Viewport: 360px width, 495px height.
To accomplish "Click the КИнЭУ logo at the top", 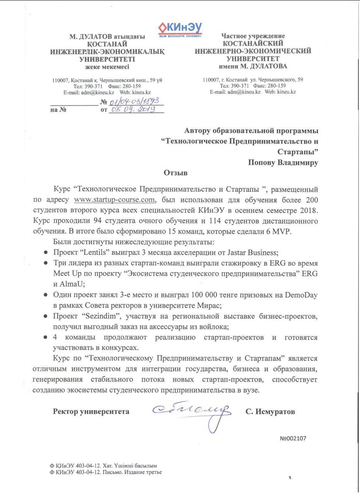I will coord(180,29).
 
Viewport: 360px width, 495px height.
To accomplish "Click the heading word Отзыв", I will coord(176,172).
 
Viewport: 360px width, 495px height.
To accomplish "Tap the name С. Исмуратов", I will coord(270,412).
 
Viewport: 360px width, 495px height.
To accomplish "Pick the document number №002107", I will coord(293,439).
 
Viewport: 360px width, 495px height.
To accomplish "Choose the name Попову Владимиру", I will coord(283,162).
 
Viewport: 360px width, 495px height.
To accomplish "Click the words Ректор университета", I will coord(91,412).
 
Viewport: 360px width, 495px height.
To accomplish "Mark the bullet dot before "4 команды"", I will coord(45,337).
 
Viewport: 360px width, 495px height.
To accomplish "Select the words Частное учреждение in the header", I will coord(253,36).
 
